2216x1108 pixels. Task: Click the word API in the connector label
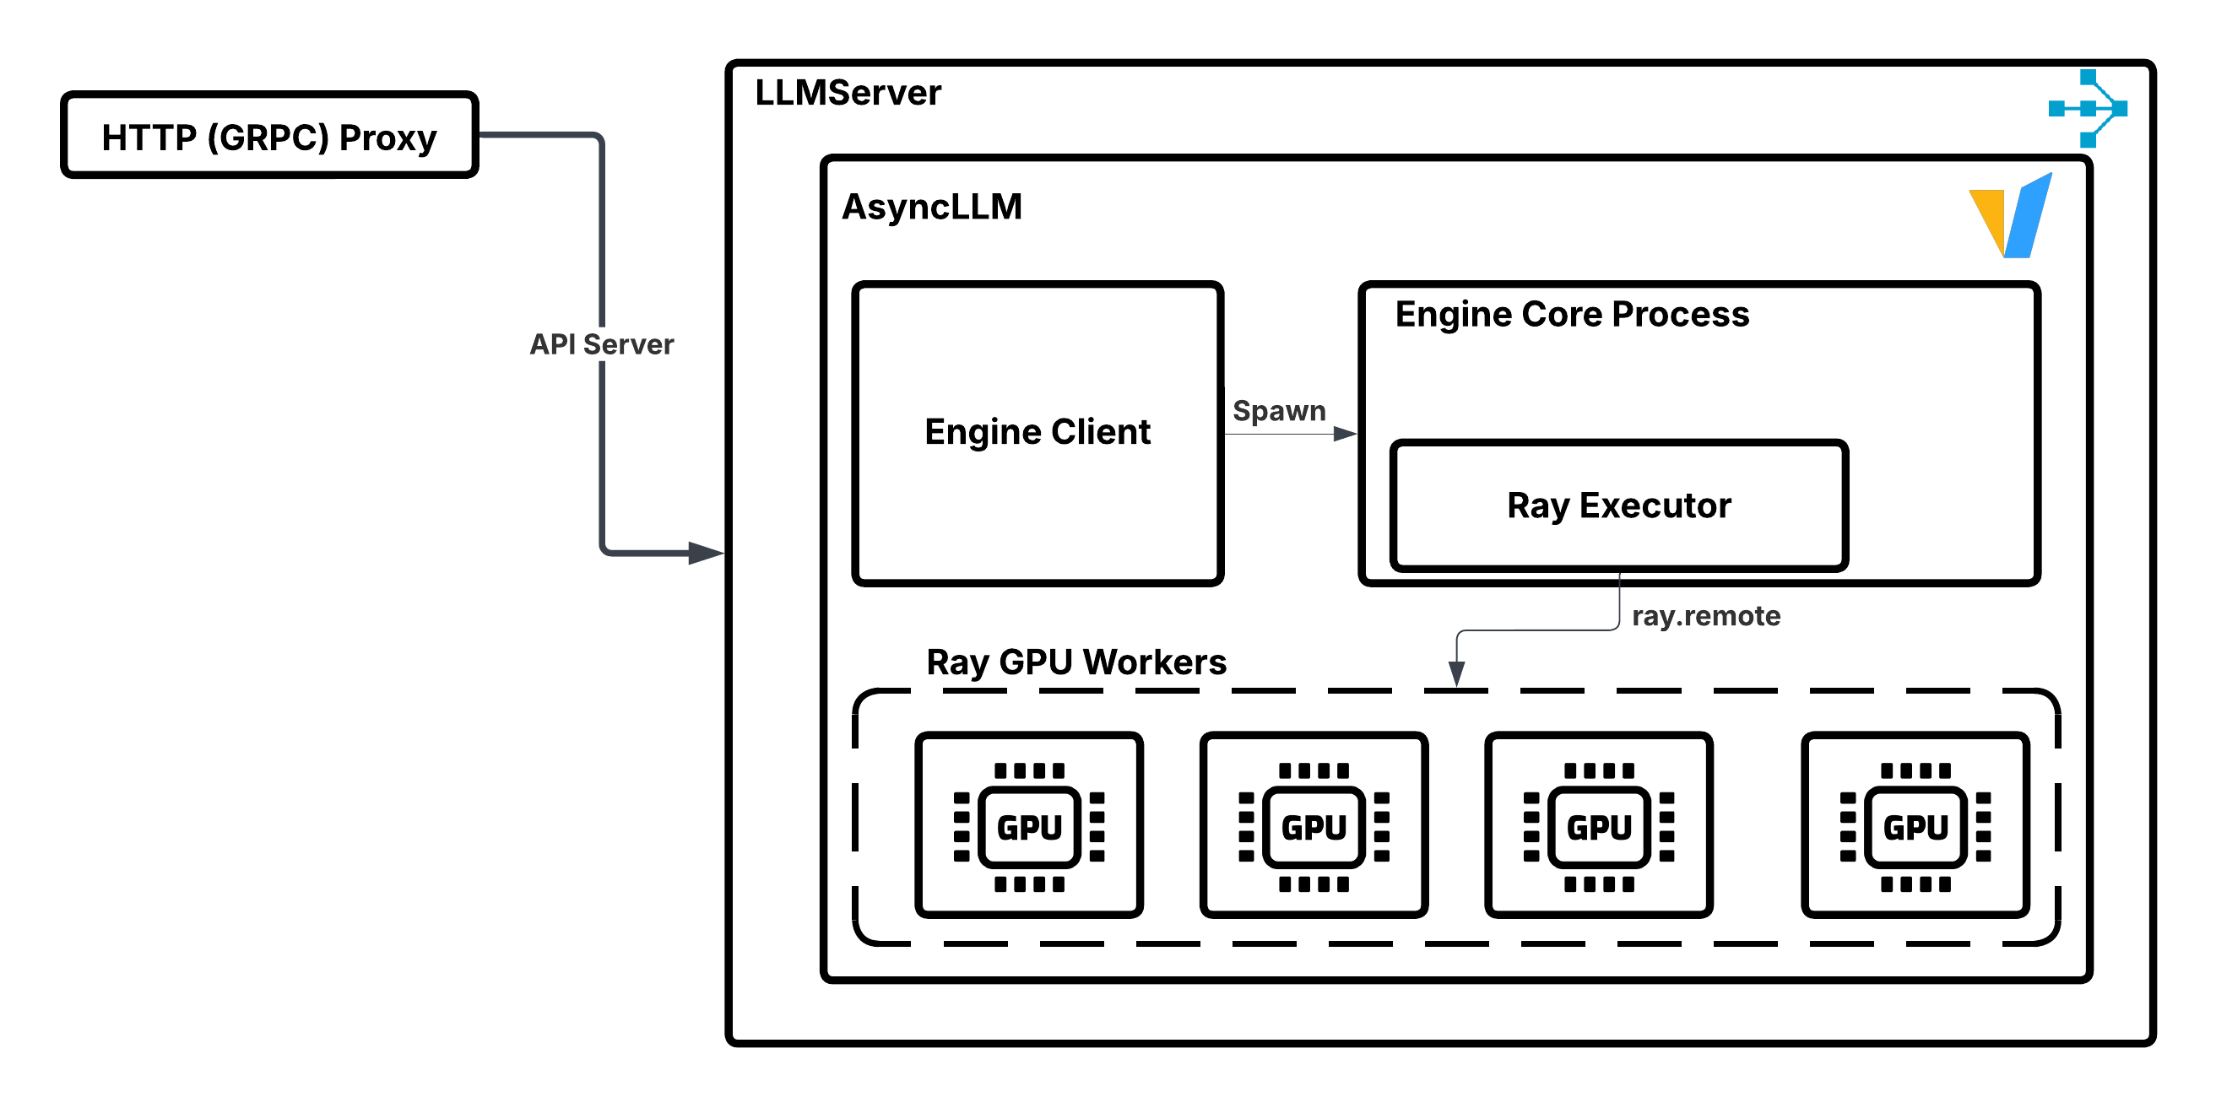click(551, 344)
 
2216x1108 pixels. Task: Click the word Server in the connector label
click(628, 344)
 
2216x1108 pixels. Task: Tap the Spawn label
click(1278, 411)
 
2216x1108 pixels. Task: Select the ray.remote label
click(1706, 616)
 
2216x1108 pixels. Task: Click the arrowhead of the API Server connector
click(706, 552)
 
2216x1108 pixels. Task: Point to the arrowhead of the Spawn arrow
click(1345, 434)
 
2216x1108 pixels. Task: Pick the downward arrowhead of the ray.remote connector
click(1456, 673)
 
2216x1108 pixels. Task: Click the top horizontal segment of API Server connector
click(534, 134)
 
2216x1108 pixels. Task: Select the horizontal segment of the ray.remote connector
click(1540, 630)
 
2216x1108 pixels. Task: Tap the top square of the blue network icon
click(2088, 78)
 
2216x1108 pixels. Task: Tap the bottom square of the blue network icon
click(2088, 140)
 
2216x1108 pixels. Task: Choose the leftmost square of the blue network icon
click(2056, 108)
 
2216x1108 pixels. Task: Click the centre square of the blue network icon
click(2088, 108)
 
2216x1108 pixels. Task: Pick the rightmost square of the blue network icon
click(2120, 108)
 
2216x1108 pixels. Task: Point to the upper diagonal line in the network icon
click(2105, 92)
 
